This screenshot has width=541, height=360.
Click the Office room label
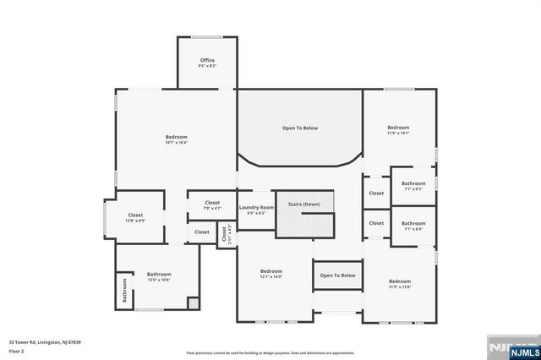(207, 61)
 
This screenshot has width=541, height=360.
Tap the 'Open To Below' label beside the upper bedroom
(300, 128)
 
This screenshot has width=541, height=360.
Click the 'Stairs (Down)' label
(305, 205)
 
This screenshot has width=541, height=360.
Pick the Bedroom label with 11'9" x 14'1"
(398, 128)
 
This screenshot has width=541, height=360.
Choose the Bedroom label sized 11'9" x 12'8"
(399, 282)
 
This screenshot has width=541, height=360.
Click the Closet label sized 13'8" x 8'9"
(136, 216)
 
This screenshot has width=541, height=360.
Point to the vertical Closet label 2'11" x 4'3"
(225, 236)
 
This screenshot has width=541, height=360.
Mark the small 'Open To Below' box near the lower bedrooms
(337, 275)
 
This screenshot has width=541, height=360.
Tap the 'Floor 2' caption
(18, 350)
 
